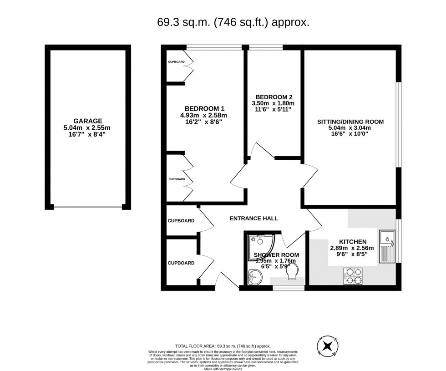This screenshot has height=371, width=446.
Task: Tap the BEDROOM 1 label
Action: [x=204, y=108]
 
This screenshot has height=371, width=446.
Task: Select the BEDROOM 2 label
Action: [x=274, y=97]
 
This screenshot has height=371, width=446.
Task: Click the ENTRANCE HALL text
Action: [x=253, y=219]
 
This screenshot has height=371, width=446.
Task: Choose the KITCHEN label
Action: [x=352, y=241]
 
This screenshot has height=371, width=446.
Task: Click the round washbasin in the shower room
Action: [x=255, y=275]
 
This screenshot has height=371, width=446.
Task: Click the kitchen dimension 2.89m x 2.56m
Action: [x=352, y=248]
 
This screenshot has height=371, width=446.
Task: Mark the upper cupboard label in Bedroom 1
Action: [x=176, y=61]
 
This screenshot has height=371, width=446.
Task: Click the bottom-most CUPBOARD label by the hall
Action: [x=181, y=263]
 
